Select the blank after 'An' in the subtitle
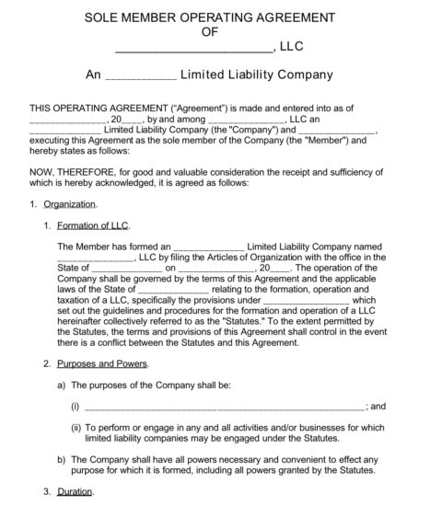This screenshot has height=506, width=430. click(135, 75)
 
